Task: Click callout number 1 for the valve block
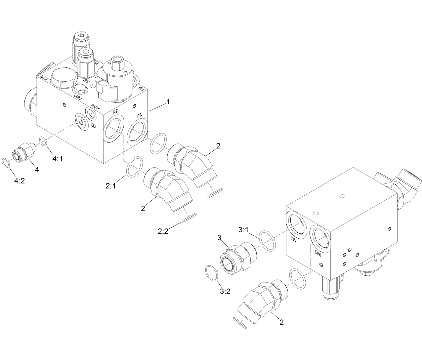click(x=168, y=102)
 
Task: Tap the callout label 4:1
click(x=57, y=158)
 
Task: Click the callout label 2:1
click(x=111, y=186)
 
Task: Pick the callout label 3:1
click(x=243, y=230)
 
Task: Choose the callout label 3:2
click(x=225, y=291)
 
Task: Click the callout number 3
click(x=219, y=238)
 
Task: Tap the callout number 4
click(x=37, y=170)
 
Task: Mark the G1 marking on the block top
click(x=141, y=89)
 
